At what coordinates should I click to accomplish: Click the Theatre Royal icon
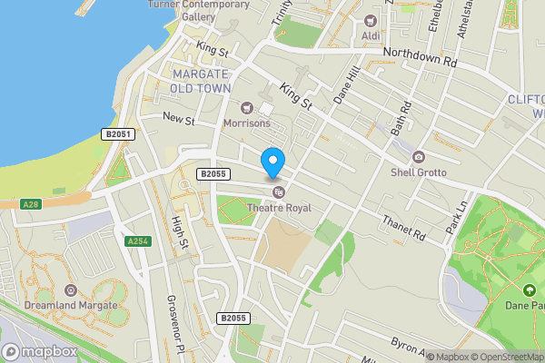pyautogui.click(x=279, y=191)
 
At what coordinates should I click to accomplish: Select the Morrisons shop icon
pyautogui.click(x=246, y=107)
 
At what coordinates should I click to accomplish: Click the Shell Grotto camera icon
pyautogui.click(x=418, y=156)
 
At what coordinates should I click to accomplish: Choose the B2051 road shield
pyautogui.click(x=119, y=134)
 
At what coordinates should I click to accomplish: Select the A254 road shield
pyautogui.click(x=137, y=240)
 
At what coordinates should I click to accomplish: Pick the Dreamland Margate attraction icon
pyautogui.click(x=72, y=290)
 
